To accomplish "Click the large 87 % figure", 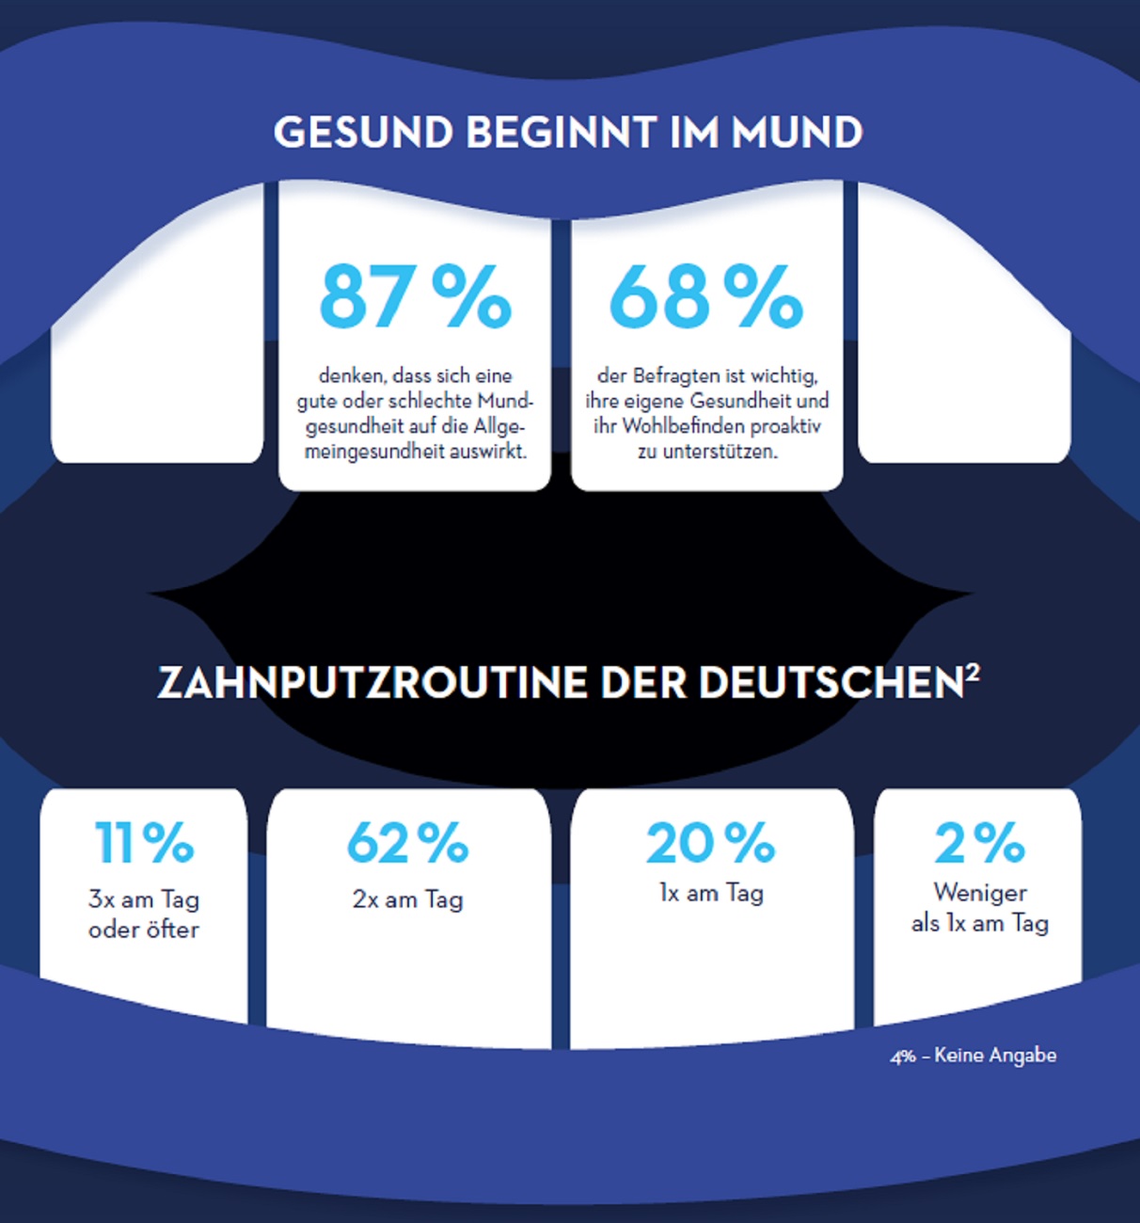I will (415, 296).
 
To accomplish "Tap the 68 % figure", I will (705, 296).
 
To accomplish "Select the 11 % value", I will (144, 842).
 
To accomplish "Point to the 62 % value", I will (407, 842).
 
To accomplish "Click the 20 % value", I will (710, 842).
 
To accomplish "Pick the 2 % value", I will (978, 842).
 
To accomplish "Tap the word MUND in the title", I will (797, 133).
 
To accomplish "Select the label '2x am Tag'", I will (407, 899).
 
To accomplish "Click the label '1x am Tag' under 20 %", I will (711, 893).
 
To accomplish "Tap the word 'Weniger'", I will (980, 892).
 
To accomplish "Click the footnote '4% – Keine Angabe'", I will (974, 1056).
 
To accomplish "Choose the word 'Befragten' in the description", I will (673, 376).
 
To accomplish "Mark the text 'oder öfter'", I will (144, 929).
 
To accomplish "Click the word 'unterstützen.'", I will (720, 452).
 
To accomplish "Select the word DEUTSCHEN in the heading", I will (831, 683).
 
